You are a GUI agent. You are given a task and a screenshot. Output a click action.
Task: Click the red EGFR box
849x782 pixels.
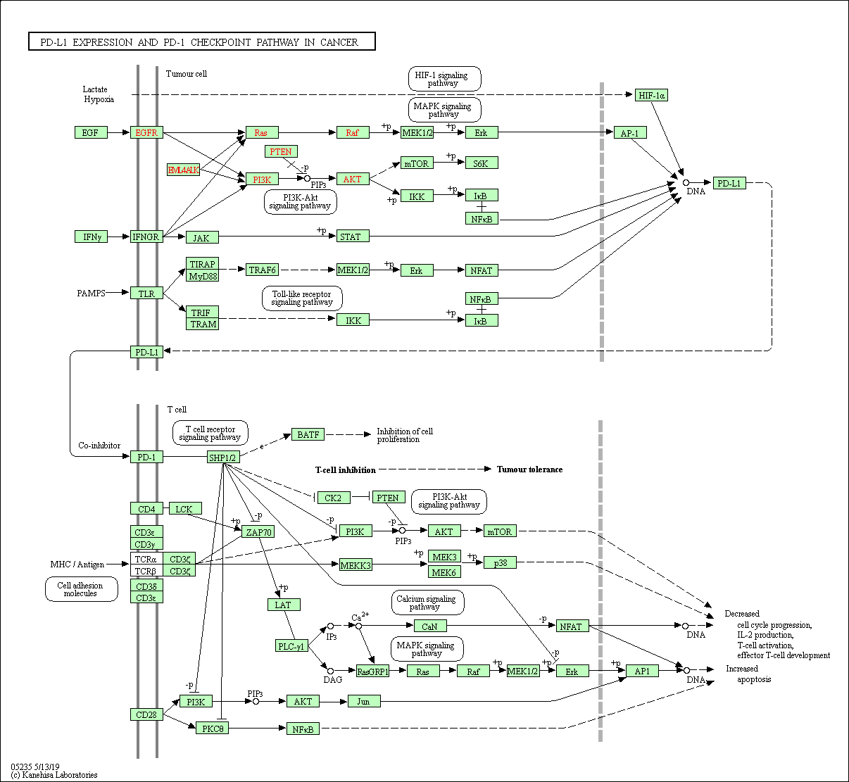[146, 132]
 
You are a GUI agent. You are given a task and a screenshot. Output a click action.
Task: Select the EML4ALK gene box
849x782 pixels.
[183, 170]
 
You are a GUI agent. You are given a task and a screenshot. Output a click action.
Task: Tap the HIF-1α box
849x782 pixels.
[651, 95]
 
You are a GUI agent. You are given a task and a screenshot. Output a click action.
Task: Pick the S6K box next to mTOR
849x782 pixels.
[482, 163]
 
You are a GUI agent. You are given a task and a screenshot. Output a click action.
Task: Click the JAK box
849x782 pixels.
[202, 237]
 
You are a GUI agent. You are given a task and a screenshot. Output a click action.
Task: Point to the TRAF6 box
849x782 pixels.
[262, 270]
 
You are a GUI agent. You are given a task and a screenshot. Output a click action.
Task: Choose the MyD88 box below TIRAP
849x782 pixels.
[202, 275]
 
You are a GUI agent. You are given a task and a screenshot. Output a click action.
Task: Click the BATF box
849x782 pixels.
[308, 434]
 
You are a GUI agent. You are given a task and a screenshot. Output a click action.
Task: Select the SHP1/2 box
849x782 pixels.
[223, 457]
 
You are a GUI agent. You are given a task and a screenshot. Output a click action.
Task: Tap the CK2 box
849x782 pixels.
[334, 498]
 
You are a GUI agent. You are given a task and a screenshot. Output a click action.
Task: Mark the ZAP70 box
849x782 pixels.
[258, 531]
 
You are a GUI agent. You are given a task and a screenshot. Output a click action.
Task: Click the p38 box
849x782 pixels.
[500, 562]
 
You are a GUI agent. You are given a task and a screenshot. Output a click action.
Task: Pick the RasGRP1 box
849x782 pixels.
[372, 671]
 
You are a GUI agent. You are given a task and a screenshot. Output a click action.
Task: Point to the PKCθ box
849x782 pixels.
[212, 728]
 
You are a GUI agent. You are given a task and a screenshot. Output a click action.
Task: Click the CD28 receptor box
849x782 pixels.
[146, 714]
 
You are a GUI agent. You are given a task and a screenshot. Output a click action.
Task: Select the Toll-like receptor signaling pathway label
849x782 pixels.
[302, 298]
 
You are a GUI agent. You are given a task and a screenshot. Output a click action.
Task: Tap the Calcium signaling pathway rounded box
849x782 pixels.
[427, 603]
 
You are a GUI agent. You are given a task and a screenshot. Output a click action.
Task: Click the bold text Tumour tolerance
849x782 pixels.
[529, 469]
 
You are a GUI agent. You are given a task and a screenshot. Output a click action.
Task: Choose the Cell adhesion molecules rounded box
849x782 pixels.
[81, 589]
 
